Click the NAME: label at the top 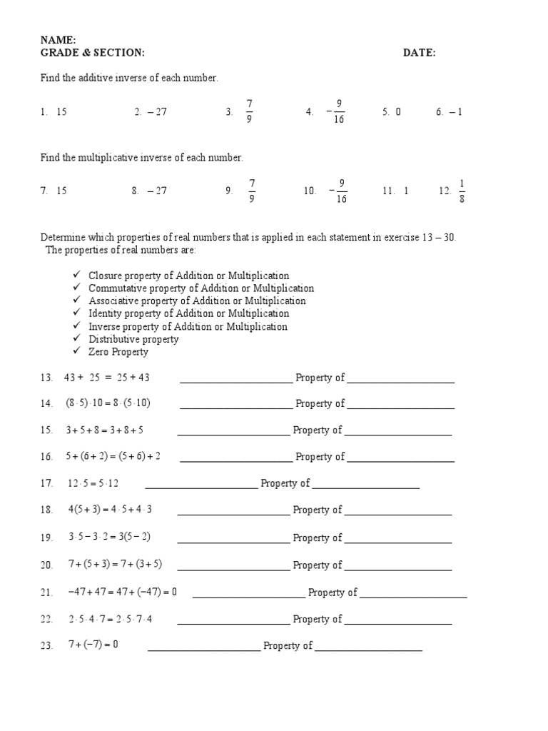[x=59, y=40]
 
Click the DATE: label [x=419, y=53]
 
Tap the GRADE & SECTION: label [x=92, y=53]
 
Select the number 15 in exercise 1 [x=61, y=112]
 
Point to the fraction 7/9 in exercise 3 [x=249, y=112]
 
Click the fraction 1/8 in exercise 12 [x=462, y=191]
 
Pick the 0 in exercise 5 [x=397, y=112]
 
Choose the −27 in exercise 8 [x=157, y=191]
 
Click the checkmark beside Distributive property [x=76, y=339]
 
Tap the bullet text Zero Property [x=118, y=352]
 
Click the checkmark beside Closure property [x=76, y=276]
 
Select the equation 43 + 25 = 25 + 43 [x=107, y=378]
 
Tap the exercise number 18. [x=46, y=510]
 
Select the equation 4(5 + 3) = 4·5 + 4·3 [x=110, y=510]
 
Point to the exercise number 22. [x=46, y=620]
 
